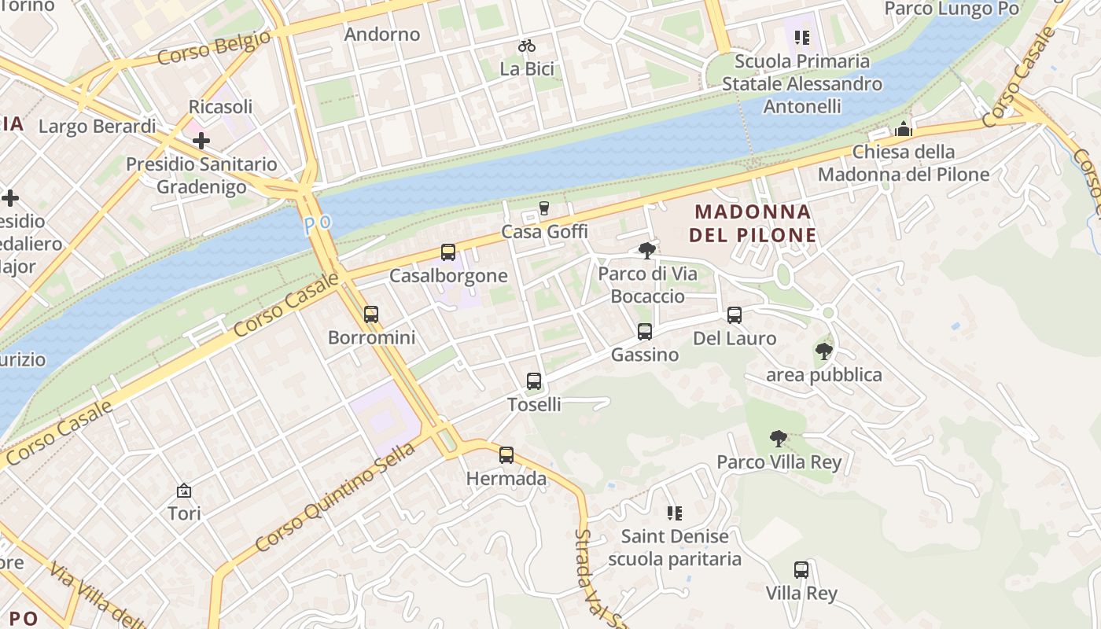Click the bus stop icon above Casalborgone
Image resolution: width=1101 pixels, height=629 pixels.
(x=448, y=252)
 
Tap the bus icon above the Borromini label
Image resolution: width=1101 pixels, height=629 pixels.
(x=371, y=314)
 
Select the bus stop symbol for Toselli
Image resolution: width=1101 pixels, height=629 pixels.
(x=534, y=381)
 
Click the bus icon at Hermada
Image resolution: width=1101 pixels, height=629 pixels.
(x=506, y=455)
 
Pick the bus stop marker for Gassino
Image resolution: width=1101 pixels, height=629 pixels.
(x=645, y=332)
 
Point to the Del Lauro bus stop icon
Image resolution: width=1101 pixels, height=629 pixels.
(x=735, y=315)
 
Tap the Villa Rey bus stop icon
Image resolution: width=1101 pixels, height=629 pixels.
(x=801, y=570)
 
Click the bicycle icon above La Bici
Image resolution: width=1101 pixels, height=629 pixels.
(x=527, y=46)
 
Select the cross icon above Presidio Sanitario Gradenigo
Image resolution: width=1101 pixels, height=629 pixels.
(x=201, y=141)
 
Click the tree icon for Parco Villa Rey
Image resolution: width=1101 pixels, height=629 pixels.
(x=779, y=439)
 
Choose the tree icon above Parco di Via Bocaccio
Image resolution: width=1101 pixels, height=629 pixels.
(x=647, y=251)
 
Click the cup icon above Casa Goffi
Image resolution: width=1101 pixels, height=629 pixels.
(x=543, y=208)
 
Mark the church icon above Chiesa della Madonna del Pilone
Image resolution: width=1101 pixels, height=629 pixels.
(x=904, y=129)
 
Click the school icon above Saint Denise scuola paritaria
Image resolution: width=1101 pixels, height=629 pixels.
(x=674, y=513)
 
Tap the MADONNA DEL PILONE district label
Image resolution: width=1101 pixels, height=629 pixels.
(x=753, y=223)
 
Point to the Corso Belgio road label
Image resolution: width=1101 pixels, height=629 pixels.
(x=214, y=48)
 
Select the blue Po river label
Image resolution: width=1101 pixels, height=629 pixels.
(x=318, y=224)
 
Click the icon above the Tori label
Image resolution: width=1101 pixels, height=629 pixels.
(x=184, y=491)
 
